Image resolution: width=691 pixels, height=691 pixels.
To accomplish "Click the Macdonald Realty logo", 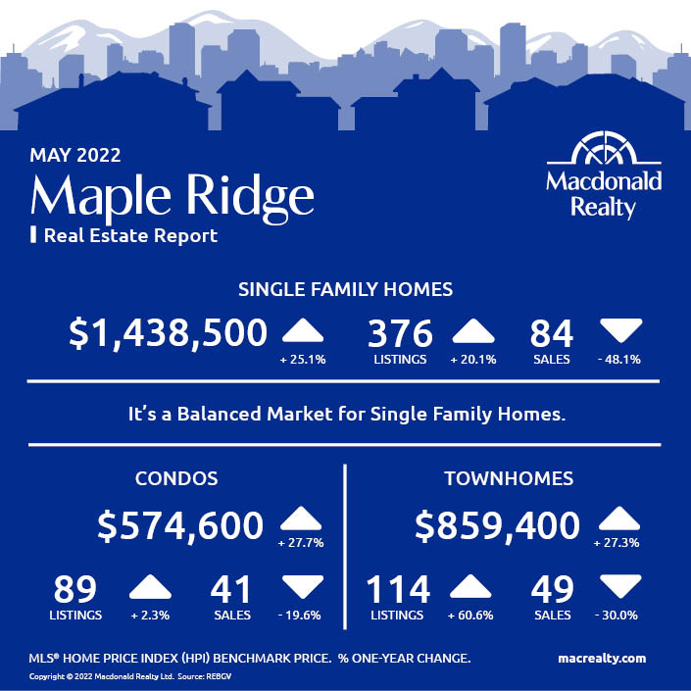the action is pos(604,175).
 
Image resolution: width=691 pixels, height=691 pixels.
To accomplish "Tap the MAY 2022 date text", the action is pos(75,155).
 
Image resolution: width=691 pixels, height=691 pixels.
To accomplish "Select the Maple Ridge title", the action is pos(173,197).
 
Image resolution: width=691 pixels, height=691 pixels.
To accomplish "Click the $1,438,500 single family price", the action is pos(168,333).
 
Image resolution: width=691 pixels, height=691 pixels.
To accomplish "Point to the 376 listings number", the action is pos(400,333).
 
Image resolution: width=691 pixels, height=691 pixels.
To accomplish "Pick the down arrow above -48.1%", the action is pos(620,330).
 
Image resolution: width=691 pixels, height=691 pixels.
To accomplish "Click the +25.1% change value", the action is pos(303,360).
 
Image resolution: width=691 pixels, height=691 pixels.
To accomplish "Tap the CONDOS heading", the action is pos(176,478).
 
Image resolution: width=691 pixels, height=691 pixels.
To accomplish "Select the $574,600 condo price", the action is pos(180,525).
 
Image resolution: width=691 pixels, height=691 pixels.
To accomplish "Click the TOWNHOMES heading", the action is pos(509,478).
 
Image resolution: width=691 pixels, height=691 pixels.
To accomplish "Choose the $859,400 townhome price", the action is pos(497,525).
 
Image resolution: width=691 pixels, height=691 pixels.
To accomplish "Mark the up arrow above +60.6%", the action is pos(470,586).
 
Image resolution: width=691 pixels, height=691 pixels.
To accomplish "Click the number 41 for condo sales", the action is pos(230,589).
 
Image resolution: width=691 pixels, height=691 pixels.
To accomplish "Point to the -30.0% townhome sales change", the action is pos(617,616).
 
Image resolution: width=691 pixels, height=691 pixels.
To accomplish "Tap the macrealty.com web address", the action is pos(602,659).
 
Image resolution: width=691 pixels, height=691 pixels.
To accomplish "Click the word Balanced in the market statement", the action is pos(219,415).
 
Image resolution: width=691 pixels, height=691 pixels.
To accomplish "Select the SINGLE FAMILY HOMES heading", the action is pos(345,289).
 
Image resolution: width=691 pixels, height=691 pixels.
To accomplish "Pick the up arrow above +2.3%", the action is pos(150,586).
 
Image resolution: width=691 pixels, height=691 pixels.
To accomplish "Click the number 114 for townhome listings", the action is pos(398,589).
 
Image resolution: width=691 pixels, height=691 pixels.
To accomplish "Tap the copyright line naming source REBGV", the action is pos(130,676).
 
